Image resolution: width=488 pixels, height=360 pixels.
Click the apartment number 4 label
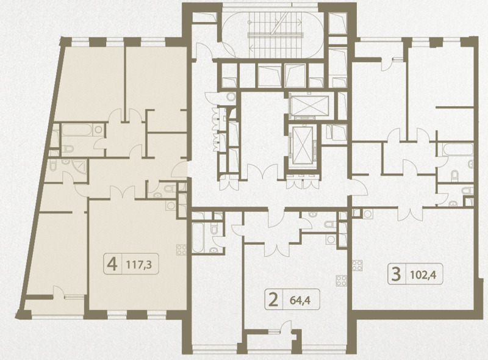[112, 264]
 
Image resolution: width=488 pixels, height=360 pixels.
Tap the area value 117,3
[139, 265]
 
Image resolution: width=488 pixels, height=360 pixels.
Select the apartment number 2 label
[273, 300]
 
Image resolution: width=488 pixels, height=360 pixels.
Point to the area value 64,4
[300, 300]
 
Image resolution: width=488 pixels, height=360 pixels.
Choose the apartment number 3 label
[396, 275]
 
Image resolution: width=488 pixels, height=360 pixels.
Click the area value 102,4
[423, 275]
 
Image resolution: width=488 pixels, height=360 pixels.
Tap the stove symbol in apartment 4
[181, 250]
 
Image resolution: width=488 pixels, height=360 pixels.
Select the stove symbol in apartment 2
[342, 281]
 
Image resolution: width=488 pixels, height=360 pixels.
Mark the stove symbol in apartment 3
[357, 265]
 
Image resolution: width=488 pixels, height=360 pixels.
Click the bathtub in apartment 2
[197, 237]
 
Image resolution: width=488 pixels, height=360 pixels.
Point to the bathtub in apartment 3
[457, 149]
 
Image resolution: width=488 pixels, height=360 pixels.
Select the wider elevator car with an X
[309, 106]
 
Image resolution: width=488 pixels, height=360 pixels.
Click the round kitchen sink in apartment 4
[170, 206]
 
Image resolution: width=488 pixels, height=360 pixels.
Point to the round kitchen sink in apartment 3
[368, 214]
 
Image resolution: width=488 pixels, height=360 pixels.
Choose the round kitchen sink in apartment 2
[331, 239]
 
